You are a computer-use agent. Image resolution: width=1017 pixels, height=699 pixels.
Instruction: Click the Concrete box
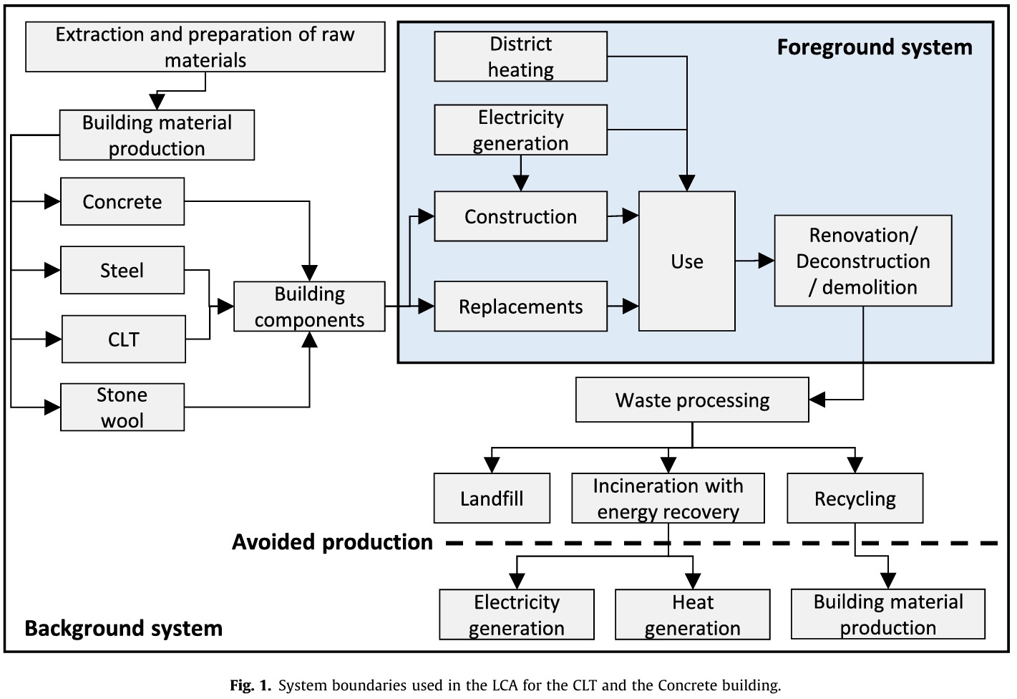click(122, 202)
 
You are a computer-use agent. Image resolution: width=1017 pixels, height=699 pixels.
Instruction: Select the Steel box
click(122, 271)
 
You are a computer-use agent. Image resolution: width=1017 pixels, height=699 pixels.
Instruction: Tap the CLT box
click(124, 339)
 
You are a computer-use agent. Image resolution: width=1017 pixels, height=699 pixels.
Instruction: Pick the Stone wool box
click(122, 408)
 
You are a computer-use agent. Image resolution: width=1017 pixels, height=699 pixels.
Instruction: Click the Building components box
click(309, 307)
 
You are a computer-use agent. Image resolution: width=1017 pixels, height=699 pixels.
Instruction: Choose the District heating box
click(520, 57)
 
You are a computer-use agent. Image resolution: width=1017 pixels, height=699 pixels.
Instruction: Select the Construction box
click(520, 216)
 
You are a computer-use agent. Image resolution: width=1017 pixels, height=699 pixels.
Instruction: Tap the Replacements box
click(520, 307)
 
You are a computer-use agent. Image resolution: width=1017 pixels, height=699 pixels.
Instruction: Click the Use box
click(686, 261)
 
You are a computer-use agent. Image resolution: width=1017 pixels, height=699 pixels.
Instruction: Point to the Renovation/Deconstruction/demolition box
click(862, 261)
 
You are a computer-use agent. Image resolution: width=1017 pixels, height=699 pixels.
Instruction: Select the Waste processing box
click(692, 400)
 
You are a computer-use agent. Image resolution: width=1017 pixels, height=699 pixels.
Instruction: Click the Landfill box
click(492, 498)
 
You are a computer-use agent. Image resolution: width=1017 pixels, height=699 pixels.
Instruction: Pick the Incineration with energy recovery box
click(668, 498)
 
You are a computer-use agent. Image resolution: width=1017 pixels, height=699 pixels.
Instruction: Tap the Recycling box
click(855, 498)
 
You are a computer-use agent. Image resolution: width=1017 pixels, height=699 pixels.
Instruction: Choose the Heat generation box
click(692, 614)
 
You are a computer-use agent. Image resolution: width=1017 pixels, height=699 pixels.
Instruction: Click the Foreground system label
click(875, 47)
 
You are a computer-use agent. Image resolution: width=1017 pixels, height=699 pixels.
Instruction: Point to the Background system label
click(124, 628)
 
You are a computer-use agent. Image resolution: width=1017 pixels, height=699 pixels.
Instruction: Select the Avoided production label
click(332, 542)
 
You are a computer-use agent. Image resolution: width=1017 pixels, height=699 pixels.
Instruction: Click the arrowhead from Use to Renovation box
click(766, 261)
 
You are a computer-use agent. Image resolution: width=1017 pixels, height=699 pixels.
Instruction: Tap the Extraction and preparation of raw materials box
click(205, 47)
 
